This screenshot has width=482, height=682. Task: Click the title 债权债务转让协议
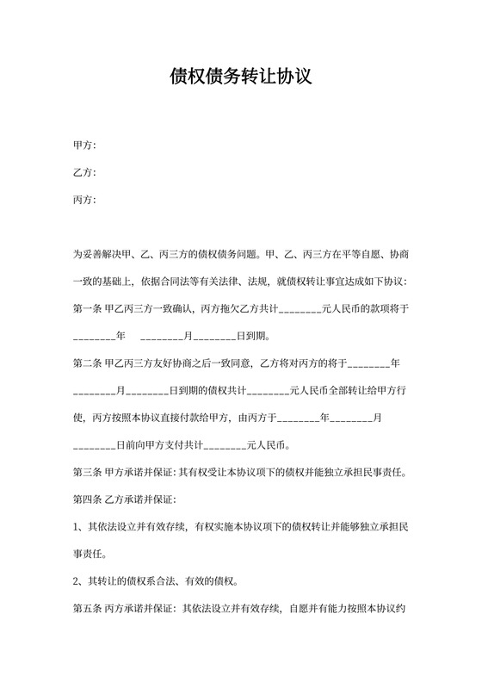240,77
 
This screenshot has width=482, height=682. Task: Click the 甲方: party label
84,146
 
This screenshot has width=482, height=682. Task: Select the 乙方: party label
84,173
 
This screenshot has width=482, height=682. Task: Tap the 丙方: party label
84,201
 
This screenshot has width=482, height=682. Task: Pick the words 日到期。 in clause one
242,336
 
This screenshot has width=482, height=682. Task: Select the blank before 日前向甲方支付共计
94,446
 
